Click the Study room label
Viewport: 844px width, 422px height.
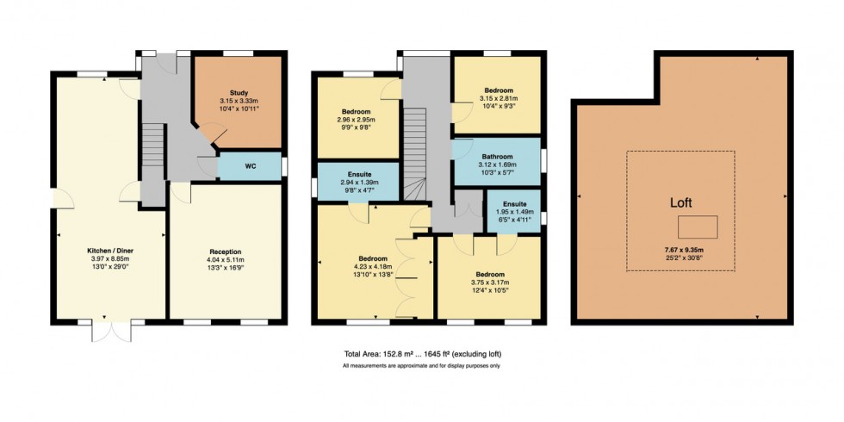tap(238, 92)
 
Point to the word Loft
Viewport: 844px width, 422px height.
tap(680, 203)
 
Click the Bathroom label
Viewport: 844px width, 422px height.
tap(497, 157)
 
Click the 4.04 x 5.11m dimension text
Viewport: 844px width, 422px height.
tap(225, 260)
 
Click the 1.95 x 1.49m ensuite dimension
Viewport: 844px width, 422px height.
tap(514, 212)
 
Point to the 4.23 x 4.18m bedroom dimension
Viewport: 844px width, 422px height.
tap(373, 266)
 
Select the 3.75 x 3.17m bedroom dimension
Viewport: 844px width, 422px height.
tap(489, 282)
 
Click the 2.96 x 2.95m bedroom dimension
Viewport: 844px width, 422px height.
tap(357, 121)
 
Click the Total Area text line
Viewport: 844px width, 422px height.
tap(422, 355)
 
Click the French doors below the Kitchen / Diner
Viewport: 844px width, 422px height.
tap(110, 330)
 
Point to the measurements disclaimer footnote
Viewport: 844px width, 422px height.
tap(422, 366)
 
